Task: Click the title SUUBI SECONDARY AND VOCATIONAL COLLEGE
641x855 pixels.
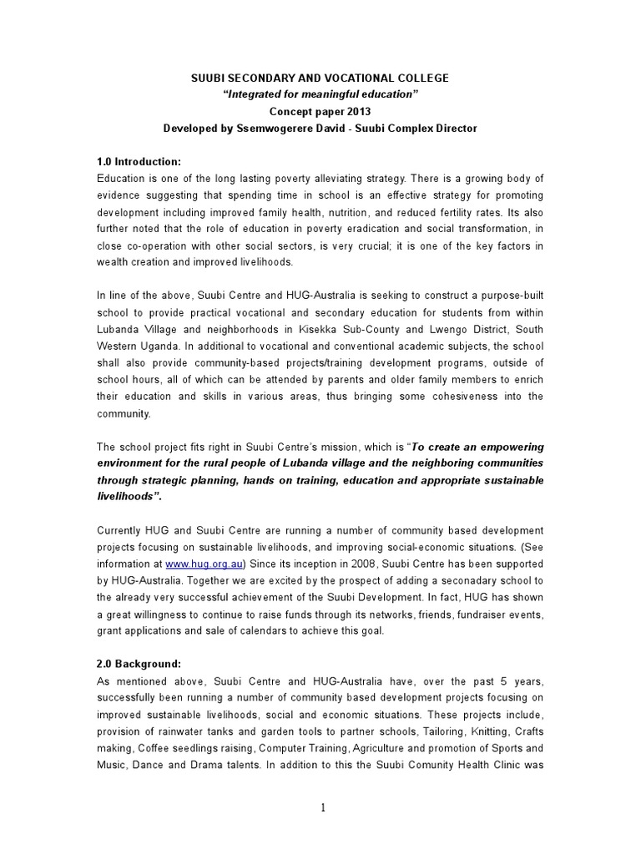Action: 320,78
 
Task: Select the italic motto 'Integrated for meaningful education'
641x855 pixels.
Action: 320,94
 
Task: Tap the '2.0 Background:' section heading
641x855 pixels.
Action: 139,664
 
